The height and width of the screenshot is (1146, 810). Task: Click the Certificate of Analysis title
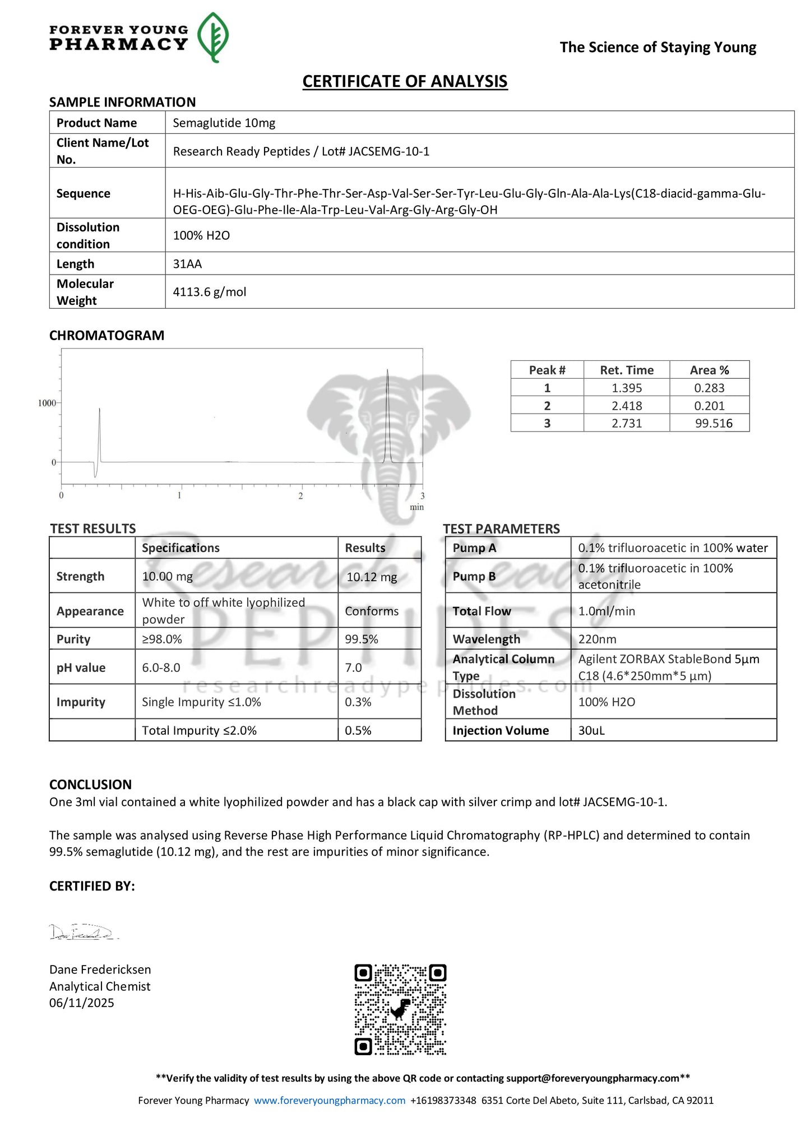[x=405, y=82]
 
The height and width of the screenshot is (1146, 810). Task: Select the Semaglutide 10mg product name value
[x=224, y=123]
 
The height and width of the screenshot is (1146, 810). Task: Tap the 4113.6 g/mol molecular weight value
[x=209, y=292]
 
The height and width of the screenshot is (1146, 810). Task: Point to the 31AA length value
[x=187, y=264]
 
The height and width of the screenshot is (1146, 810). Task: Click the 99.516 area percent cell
[x=714, y=423]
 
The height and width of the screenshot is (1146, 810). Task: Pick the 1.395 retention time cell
[x=627, y=388]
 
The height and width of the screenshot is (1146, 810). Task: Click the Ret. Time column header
[x=627, y=370]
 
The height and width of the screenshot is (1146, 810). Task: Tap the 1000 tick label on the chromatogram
[x=47, y=403]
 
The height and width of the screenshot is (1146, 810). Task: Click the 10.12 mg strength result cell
[x=372, y=577]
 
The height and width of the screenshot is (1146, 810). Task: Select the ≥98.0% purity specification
[x=162, y=639]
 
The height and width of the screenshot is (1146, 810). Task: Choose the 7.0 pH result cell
[x=354, y=667]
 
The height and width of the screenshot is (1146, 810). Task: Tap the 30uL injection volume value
[x=591, y=730]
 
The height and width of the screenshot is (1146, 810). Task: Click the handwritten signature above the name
[x=83, y=932]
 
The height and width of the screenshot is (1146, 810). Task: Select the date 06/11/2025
[x=82, y=1003]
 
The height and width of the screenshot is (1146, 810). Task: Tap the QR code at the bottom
[x=400, y=1009]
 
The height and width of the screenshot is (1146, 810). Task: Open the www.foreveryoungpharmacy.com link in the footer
[x=330, y=1100]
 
